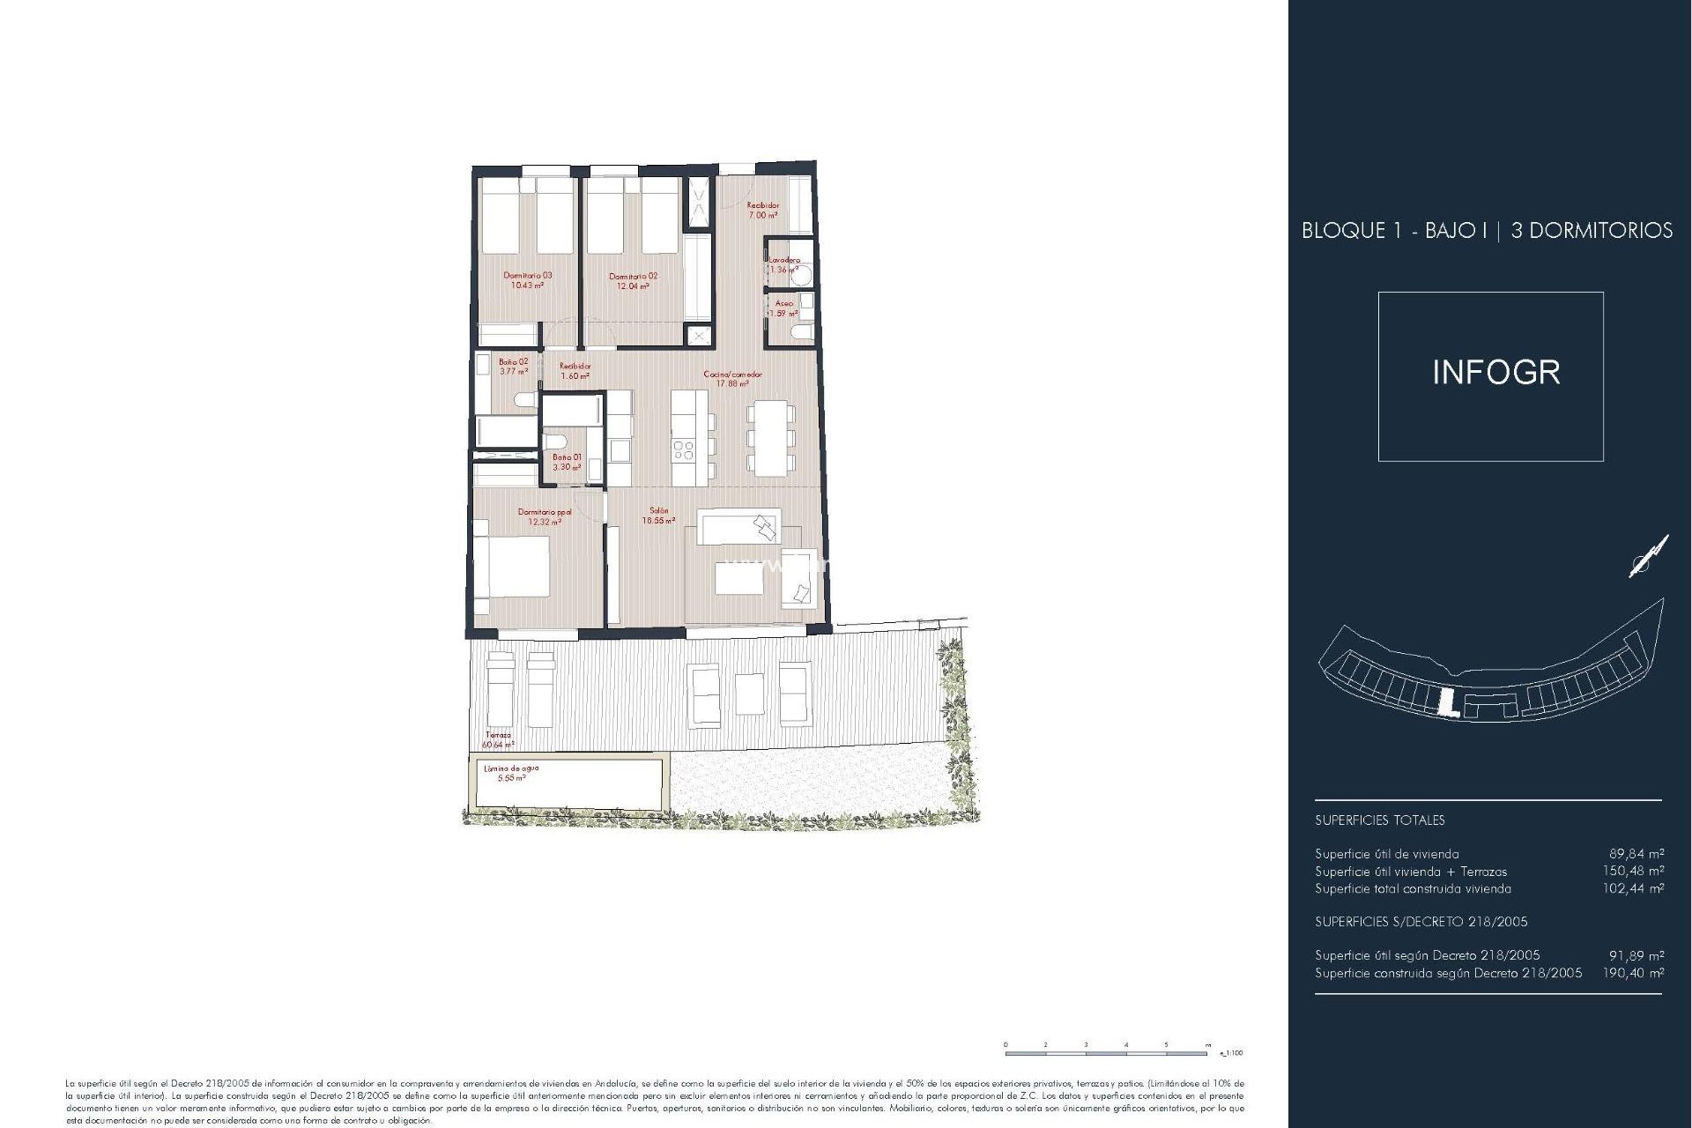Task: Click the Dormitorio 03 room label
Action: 527,276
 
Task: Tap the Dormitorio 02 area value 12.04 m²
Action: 633,286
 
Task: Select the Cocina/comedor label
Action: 732,375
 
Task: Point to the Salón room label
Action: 658,510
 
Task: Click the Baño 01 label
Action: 567,457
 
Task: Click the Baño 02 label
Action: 513,361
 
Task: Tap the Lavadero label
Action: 783,260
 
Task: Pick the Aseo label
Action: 783,303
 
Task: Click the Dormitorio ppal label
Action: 544,511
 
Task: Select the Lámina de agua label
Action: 511,768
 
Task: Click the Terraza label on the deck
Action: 498,735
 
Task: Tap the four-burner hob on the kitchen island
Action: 684,451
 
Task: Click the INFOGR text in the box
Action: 1495,373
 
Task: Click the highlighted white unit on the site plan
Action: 1444,702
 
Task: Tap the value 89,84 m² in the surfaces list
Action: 1636,853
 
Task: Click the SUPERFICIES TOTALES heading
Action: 1379,820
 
